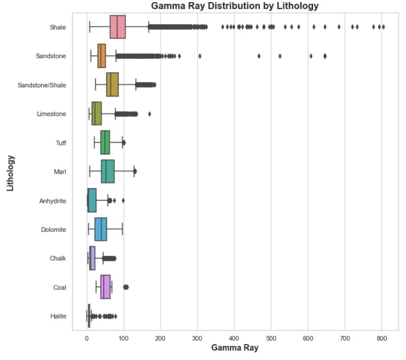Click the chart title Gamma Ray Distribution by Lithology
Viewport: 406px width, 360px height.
235,6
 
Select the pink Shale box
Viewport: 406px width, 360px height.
117,27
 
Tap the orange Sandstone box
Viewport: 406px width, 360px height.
102,56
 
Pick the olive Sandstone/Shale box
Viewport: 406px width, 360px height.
112,84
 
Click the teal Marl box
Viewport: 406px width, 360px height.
108,171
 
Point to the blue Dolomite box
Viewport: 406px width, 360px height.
101,229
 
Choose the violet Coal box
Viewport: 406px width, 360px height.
105,287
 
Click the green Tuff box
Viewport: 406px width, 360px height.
105,142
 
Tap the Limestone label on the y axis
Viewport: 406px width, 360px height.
51,114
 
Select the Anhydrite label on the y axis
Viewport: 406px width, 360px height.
52,201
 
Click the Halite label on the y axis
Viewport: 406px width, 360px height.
58,316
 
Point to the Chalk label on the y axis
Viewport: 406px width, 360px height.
57,259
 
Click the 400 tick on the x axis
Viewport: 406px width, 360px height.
234,338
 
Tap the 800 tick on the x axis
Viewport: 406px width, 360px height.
382,338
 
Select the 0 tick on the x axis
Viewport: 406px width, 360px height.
87,338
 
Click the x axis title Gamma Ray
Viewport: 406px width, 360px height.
235,349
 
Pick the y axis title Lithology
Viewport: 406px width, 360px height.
10,173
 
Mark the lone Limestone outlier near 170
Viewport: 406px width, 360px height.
149,114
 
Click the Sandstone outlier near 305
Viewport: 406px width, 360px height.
200,56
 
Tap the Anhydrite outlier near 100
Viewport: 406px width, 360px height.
123,200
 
